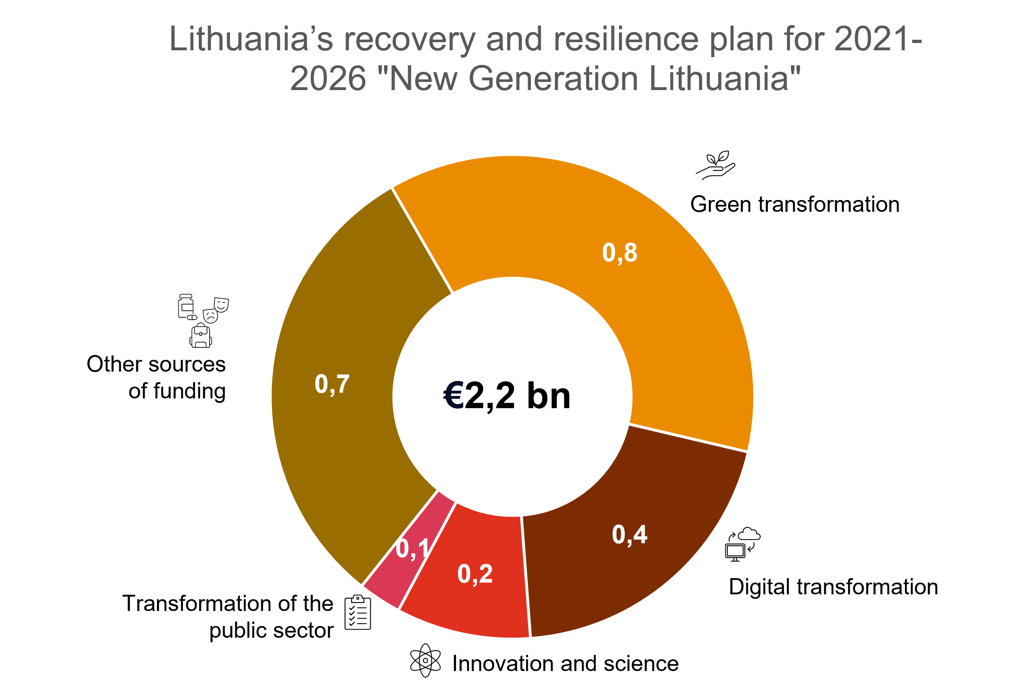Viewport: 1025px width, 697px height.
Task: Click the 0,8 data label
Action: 619,253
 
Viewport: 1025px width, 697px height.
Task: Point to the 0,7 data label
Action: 332,384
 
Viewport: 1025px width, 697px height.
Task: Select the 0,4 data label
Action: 629,535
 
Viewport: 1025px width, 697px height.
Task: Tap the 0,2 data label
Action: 475,574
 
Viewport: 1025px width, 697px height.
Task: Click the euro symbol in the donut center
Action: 453,395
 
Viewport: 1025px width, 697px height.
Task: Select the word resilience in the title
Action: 626,40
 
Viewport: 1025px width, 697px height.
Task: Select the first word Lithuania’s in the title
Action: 251,40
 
